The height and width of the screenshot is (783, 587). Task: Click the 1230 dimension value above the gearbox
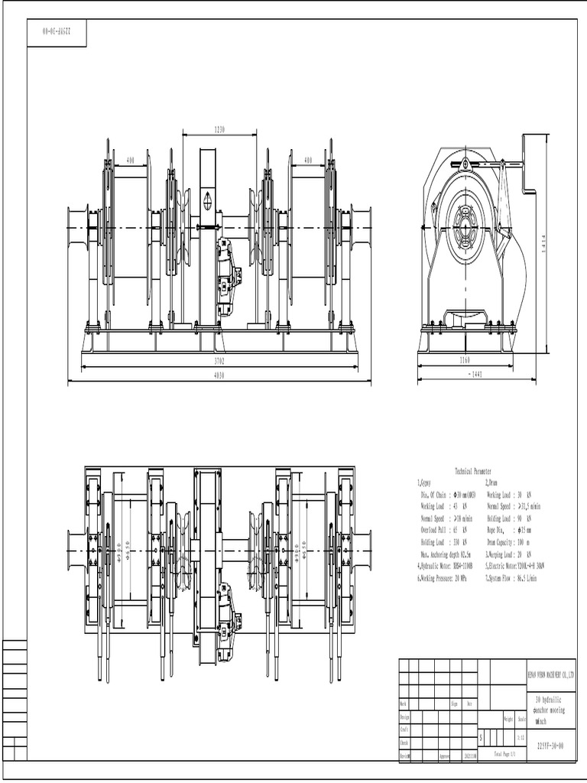coord(219,130)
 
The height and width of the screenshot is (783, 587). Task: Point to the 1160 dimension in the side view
coord(465,359)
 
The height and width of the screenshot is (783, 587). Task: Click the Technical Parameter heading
coord(473,472)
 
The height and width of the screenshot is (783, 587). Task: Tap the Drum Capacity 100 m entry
coord(511,541)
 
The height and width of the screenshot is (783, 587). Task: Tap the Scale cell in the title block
coord(521,720)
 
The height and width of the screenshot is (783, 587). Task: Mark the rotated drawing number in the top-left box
coord(57,33)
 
